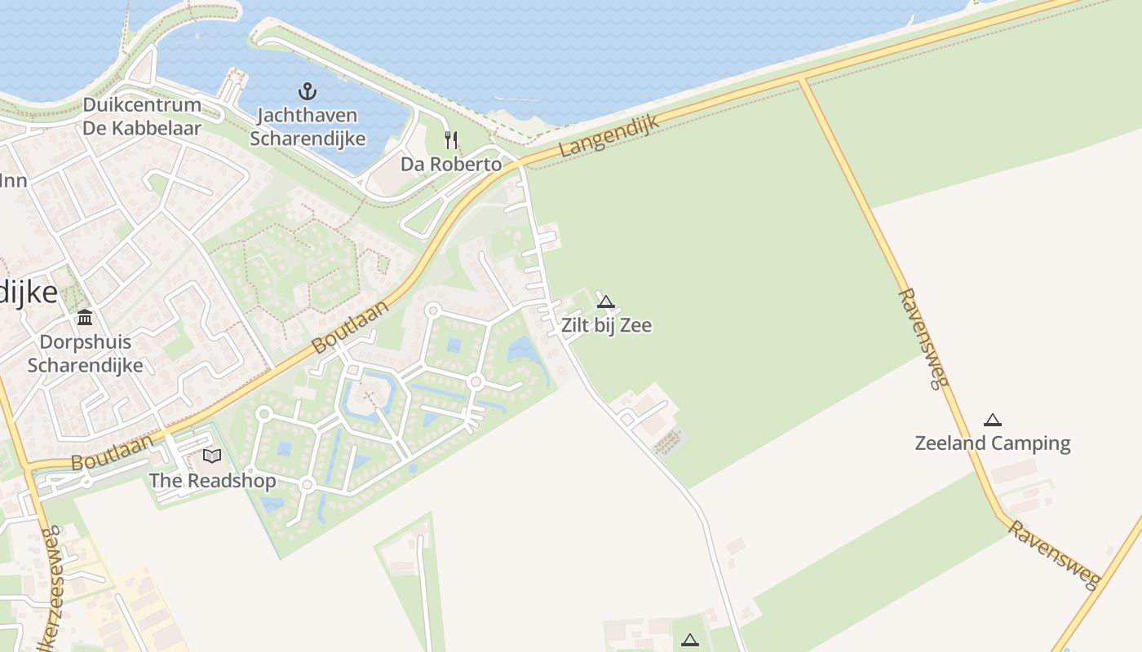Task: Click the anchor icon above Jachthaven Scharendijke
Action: (x=308, y=90)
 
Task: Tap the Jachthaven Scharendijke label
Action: (x=308, y=127)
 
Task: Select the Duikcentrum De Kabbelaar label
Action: (x=142, y=117)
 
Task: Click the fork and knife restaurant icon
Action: (x=451, y=139)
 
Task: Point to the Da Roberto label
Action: (x=451, y=164)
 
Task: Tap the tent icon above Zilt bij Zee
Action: (x=605, y=302)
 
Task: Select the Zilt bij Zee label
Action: (x=606, y=325)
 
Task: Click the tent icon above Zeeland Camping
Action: (x=992, y=420)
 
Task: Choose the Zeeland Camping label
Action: (x=992, y=443)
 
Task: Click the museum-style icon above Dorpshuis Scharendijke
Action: (x=85, y=317)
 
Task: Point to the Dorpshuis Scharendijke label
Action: (x=85, y=354)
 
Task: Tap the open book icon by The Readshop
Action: (x=212, y=456)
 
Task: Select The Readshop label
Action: (x=212, y=481)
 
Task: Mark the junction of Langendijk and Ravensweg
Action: (x=803, y=79)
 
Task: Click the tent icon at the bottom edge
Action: (x=690, y=641)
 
